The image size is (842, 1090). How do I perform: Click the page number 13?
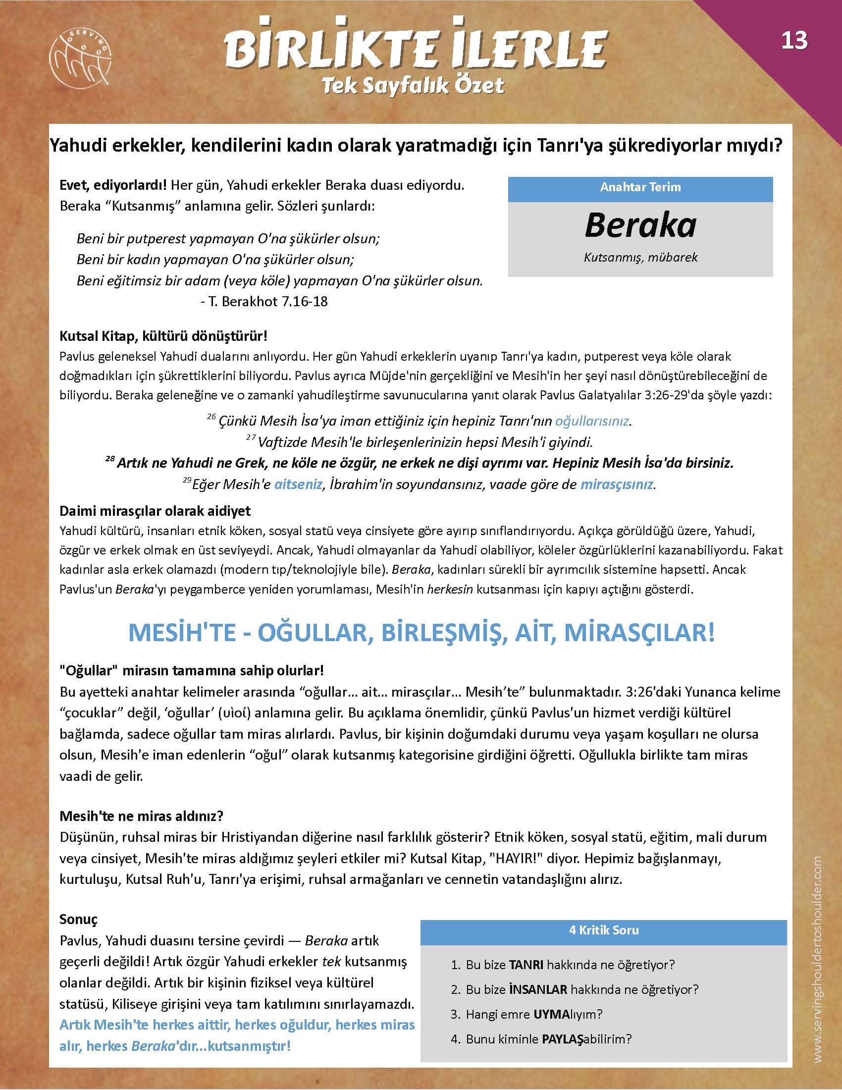(x=794, y=41)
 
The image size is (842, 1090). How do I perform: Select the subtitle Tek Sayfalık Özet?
(x=413, y=86)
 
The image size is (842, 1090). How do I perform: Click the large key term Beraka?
(x=640, y=225)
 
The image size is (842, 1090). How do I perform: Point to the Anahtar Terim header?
(x=640, y=187)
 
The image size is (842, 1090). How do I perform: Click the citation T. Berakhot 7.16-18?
(x=264, y=301)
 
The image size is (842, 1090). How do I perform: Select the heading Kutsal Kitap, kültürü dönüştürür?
(x=163, y=336)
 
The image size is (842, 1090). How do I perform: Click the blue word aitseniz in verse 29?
(x=298, y=484)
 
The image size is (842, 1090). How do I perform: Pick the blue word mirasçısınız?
(x=617, y=484)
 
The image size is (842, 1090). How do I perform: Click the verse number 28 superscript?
(x=110, y=460)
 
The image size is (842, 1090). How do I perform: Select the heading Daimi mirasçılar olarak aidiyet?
(x=155, y=511)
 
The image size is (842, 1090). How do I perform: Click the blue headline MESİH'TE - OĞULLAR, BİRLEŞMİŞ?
(x=421, y=633)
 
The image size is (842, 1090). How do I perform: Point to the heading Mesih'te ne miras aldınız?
(x=141, y=817)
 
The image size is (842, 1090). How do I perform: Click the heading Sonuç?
(x=78, y=919)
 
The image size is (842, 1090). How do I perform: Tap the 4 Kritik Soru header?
(x=604, y=930)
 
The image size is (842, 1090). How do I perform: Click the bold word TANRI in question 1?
(x=526, y=965)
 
